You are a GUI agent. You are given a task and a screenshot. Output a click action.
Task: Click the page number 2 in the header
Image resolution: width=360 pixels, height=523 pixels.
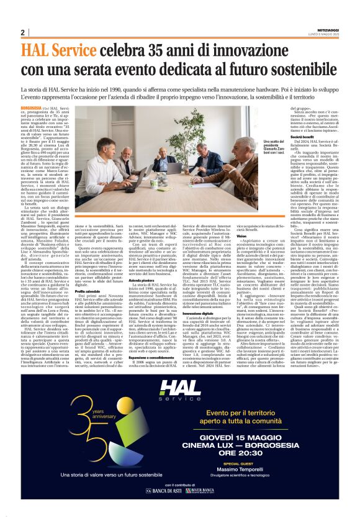[22, 32]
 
